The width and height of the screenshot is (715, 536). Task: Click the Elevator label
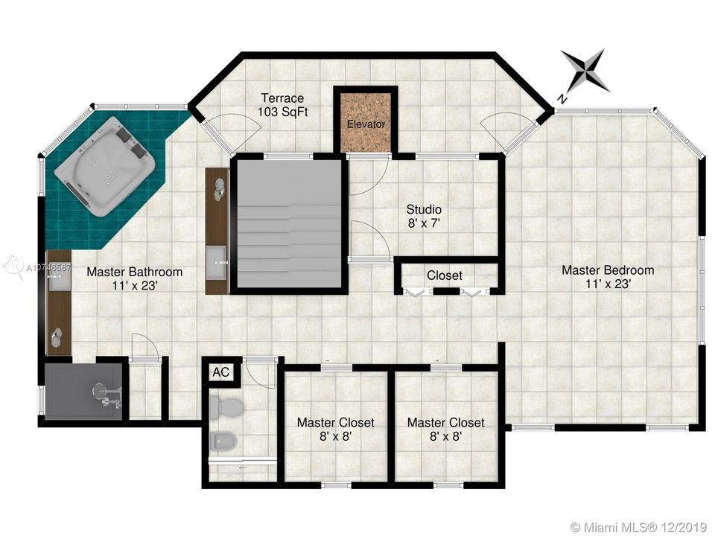366,124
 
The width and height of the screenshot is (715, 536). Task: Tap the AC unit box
221,372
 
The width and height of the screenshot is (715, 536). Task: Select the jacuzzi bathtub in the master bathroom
104,166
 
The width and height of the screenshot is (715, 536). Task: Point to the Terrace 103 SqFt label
283,105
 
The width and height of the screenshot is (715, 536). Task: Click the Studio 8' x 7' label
424,216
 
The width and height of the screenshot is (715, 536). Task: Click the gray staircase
290,223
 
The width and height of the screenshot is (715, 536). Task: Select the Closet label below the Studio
445,275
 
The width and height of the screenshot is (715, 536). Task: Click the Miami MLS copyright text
638,526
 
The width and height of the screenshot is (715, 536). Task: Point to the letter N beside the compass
563,98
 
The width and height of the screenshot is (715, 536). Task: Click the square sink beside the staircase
216,263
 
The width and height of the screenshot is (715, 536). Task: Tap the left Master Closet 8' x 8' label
336,430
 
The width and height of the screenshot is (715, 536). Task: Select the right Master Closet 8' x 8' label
446,430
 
